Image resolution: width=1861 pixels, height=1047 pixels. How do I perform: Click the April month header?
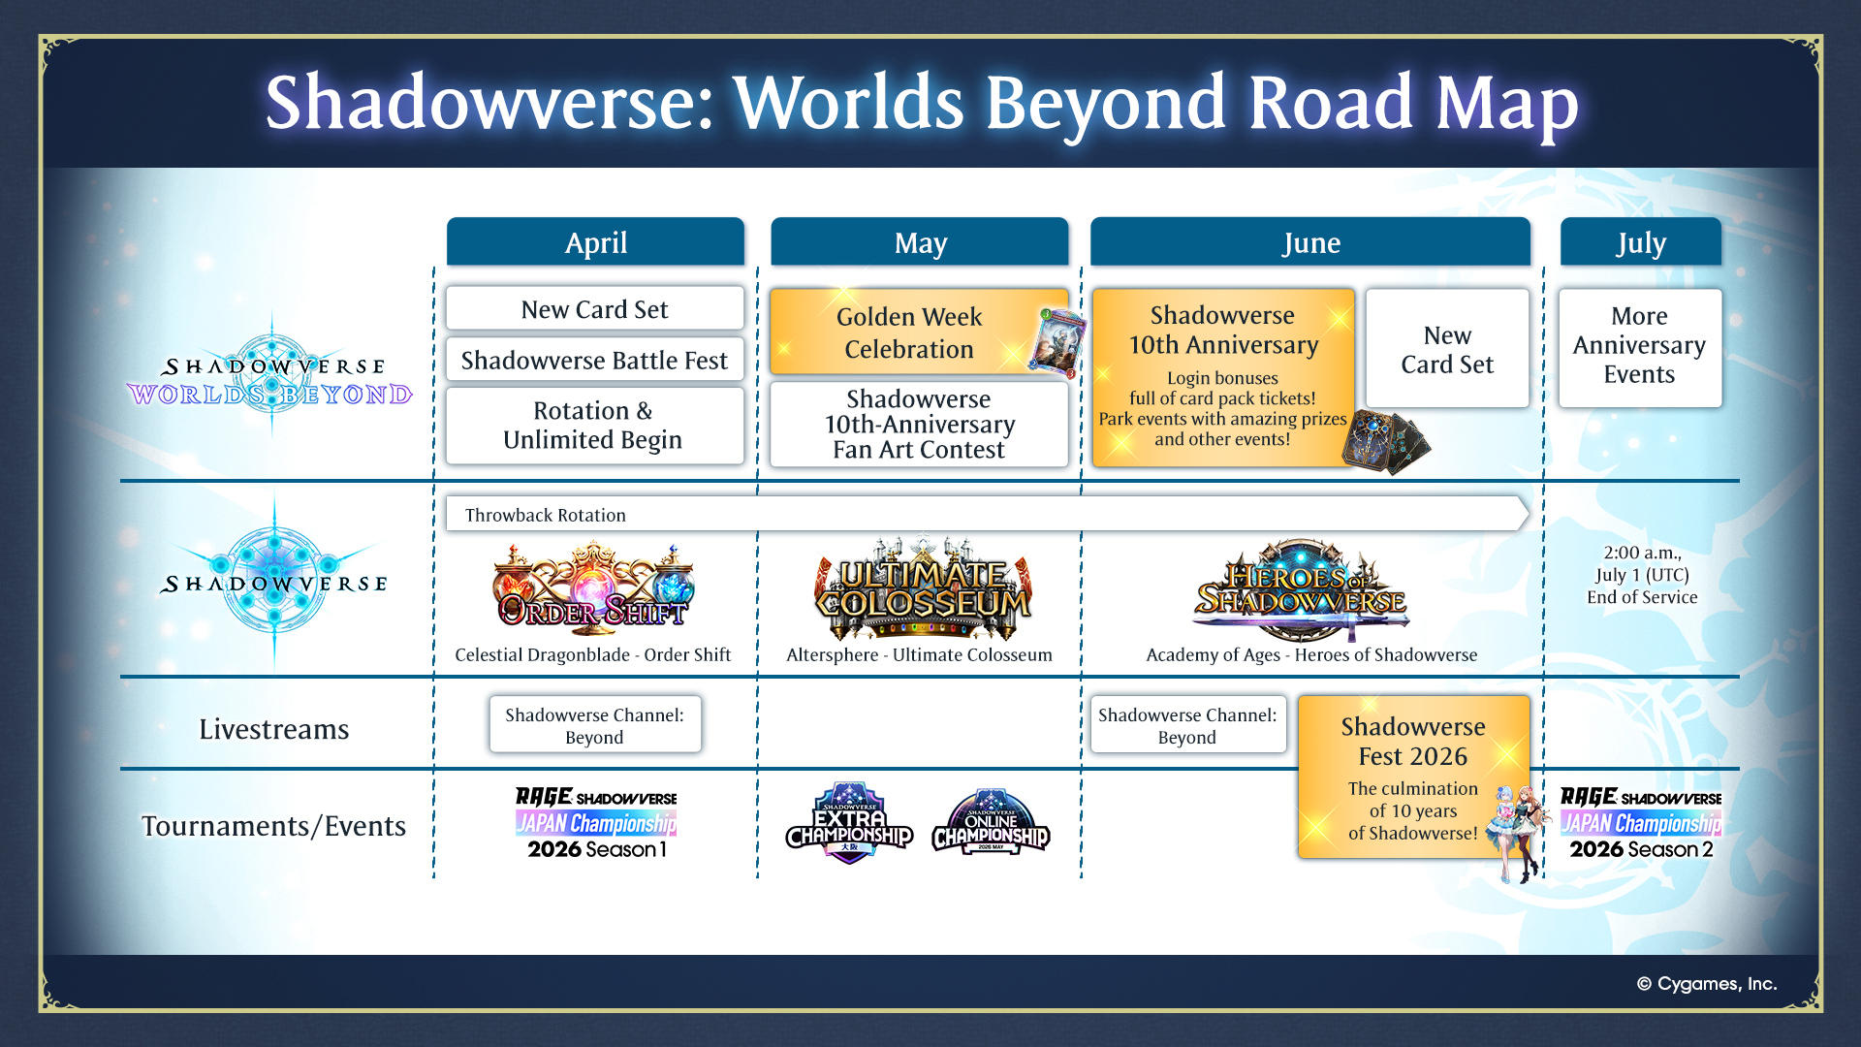(595, 241)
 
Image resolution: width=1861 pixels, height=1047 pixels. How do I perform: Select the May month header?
(920, 241)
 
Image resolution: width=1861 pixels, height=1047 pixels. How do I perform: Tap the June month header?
(1310, 241)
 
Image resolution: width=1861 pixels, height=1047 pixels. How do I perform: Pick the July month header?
(1641, 241)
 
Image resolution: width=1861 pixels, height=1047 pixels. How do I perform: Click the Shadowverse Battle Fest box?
(595, 360)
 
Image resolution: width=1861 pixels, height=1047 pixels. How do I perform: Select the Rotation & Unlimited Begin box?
(595, 426)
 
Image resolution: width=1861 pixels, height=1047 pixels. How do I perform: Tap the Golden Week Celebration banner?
(919, 332)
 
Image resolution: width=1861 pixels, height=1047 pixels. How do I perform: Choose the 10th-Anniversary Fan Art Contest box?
(919, 425)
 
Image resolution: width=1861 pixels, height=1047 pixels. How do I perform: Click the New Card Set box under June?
(1447, 349)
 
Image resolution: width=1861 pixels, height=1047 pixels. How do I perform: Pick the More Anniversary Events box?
(1640, 347)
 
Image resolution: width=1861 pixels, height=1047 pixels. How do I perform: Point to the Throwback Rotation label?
(546, 515)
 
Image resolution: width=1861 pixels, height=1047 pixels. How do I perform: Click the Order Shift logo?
(593, 586)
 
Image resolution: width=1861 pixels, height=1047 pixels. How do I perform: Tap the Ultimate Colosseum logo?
(923, 588)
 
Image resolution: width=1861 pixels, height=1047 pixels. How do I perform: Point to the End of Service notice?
(1642, 575)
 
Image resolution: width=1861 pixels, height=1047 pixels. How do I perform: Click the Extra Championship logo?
(850, 823)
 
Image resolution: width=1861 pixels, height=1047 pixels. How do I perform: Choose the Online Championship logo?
(991, 822)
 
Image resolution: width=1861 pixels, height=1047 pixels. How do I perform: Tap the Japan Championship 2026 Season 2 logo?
(1641, 823)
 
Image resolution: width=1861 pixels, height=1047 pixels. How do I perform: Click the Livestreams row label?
(274, 729)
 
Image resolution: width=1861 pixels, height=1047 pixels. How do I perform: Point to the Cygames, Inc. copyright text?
(1707, 984)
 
